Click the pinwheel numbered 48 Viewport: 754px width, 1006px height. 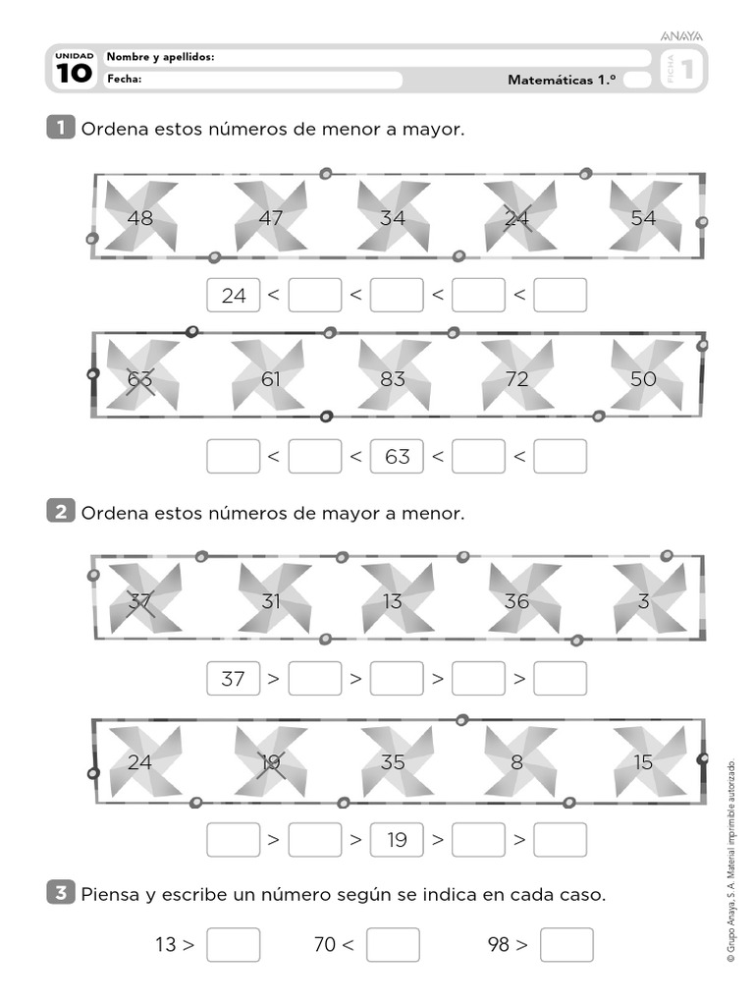pos(140,217)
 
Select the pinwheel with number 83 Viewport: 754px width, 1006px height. pos(393,377)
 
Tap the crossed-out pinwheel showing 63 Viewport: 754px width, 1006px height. pos(141,377)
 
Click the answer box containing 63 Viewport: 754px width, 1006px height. pos(397,456)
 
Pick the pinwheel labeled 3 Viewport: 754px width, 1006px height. pos(643,600)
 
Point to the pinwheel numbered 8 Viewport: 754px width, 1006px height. pos(517,761)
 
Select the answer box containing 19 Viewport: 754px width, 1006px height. pos(397,840)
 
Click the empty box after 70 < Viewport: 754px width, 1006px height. pos(393,945)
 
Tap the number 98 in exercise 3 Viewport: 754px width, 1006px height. pos(499,945)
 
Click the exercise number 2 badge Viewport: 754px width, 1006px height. pos(61,512)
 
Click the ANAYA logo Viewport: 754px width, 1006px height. pos(681,36)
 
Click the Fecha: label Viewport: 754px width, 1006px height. pos(125,80)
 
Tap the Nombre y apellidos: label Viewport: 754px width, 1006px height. pos(160,58)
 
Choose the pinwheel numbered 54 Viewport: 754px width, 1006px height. pos(643,217)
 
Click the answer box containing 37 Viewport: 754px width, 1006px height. pos(234,678)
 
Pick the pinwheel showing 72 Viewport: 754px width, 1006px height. pos(517,377)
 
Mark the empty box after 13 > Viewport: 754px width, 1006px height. pos(234,945)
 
